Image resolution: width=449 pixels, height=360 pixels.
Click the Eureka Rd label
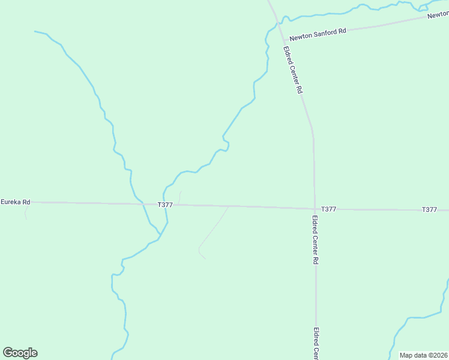tap(15, 202)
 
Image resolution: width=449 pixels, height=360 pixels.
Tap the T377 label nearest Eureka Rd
tap(165, 205)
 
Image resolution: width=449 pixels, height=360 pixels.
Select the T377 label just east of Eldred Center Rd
tap(328, 209)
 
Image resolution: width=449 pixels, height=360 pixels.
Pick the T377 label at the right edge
tap(429, 209)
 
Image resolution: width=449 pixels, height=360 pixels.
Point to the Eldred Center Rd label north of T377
tap(292, 70)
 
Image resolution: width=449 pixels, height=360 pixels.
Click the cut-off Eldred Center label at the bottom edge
tap(316, 343)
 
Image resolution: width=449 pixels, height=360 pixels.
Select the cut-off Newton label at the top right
tap(438, 14)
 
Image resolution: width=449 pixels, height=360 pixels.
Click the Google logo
tap(20, 353)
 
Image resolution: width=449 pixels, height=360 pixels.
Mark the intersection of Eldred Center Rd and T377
tap(314, 209)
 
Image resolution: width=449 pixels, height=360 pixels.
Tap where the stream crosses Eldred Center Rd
tap(277, 23)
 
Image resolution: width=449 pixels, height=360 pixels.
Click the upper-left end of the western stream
tap(36, 31)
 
